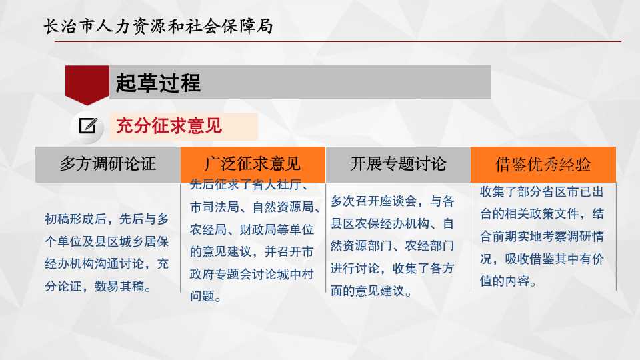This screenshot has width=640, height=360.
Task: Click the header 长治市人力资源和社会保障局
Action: point(159,27)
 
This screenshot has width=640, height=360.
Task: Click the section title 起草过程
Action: point(159,83)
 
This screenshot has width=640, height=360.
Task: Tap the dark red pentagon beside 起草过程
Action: point(87,85)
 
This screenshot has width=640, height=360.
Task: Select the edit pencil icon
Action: point(88,126)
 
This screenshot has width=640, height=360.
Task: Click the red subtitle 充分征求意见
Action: point(169,126)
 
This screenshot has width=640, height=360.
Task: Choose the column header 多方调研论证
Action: point(108,164)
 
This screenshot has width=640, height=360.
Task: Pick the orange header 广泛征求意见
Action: point(253,164)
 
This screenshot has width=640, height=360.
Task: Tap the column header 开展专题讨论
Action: point(398,164)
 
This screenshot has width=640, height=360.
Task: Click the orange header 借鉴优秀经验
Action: point(543,165)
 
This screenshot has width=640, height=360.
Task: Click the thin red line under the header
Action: point(338,41)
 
